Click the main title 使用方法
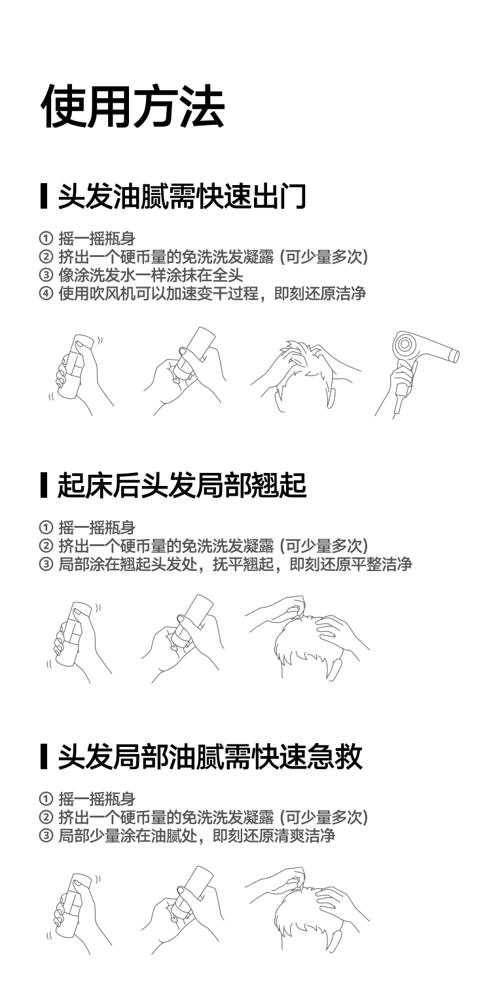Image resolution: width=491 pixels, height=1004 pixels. pos(134,106)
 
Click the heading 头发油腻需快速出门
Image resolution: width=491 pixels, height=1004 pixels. pos(182,196)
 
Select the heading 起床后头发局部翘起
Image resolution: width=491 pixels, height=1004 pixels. pos(182,486)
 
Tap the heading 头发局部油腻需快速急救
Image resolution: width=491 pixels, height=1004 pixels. pos(209,757)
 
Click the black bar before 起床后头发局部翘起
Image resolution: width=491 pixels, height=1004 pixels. pos(44,486)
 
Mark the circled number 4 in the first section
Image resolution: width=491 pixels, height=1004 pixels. pos(45,293)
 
